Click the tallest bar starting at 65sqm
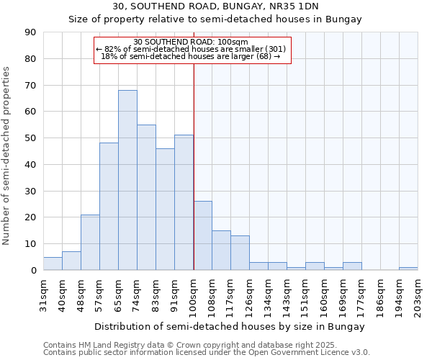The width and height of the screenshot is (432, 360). coord(127,180)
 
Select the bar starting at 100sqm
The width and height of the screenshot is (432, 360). coord(203,235)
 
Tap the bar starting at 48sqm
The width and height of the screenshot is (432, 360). coord(90,242)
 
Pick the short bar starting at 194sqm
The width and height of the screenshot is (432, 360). coord(408,269)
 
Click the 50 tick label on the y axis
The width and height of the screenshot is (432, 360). coord(30,138)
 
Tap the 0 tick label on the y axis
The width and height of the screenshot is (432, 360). coord(32,271)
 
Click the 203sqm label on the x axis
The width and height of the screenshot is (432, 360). coord(418,296)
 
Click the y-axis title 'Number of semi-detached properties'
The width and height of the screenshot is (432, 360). coord(6,156)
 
